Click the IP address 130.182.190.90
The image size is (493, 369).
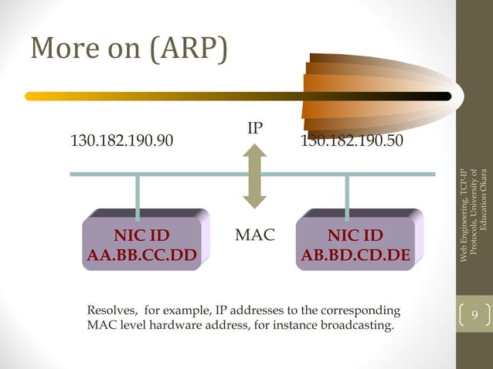click(121, 141)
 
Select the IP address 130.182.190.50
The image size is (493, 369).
click(351, 141)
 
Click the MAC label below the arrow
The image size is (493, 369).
click(254, 234)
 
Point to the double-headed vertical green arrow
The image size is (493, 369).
click(254, 177)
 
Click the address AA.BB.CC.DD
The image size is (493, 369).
click(141, 253)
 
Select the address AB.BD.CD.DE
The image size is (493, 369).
click(355, 253)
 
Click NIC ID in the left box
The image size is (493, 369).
click(141, 235)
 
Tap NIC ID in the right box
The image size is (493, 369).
click(355, 235)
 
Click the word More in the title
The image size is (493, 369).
click(57, 49)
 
